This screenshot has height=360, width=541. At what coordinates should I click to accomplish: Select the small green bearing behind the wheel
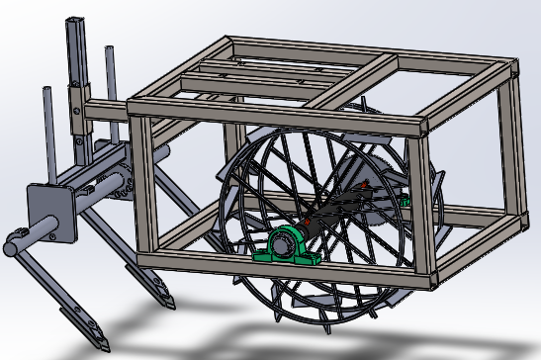pos(404,203)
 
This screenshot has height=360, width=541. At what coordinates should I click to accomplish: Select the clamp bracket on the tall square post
pos(77,99)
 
